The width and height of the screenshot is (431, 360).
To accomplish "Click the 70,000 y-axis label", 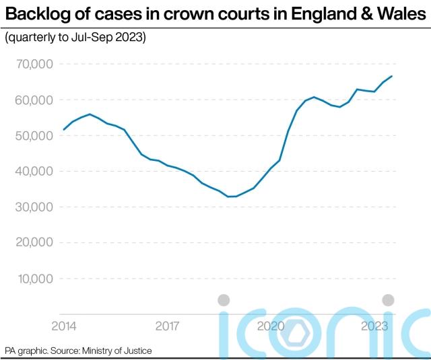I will [34, 64].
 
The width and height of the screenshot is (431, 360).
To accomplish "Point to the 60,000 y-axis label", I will [34, 100].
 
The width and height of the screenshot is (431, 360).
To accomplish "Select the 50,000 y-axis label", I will [34, 135].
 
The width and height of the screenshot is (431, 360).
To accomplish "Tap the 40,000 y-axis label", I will [34, 171].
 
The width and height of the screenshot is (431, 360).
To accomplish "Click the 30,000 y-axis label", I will [34, 207].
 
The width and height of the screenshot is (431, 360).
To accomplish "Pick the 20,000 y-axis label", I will [34, 242].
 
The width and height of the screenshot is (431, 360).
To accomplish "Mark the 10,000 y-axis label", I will [34, 278].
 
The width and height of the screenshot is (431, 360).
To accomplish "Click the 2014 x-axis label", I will [64, 326].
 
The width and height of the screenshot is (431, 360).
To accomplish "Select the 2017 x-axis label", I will [167, 326].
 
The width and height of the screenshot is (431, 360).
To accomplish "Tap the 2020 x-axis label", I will [271, 326].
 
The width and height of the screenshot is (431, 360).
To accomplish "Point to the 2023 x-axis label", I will [374, 326].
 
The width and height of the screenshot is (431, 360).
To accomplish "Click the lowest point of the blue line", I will [231, 196].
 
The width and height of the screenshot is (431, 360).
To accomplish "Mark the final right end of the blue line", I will [392, 76].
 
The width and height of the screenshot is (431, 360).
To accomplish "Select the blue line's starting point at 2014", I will [63, 129].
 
